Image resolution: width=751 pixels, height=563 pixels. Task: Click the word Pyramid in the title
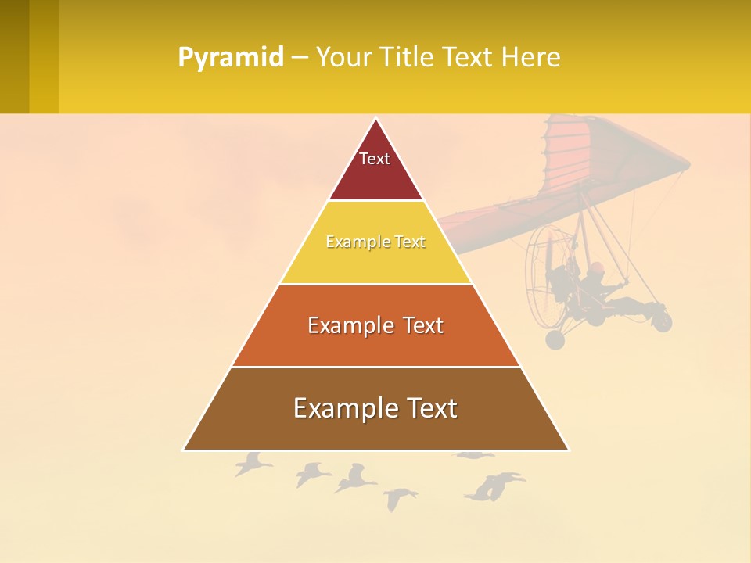coord(230,58)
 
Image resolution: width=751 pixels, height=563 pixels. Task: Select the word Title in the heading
coord(410,58)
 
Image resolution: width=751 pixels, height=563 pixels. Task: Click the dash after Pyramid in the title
coord(299,58)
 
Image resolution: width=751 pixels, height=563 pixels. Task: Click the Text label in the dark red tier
coord(375,160)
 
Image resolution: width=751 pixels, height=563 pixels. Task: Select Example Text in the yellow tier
coord(375,242)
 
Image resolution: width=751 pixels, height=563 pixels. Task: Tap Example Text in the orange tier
coord(375,325)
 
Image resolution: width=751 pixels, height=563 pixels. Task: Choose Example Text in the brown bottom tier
coord(375,408)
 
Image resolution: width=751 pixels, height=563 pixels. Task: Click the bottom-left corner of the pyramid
coord(184,450)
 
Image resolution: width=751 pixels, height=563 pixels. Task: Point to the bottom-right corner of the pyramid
coord(568,450)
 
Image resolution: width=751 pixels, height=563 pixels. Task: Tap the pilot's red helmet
coord(597,268)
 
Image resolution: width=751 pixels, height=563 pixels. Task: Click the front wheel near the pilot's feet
coord(662,321)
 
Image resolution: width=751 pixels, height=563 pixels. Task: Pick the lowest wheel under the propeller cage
coord(555,339)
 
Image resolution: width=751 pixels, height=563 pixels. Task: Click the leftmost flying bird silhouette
coord(252,464)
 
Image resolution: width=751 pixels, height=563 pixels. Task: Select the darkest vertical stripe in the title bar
coord(14,56)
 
